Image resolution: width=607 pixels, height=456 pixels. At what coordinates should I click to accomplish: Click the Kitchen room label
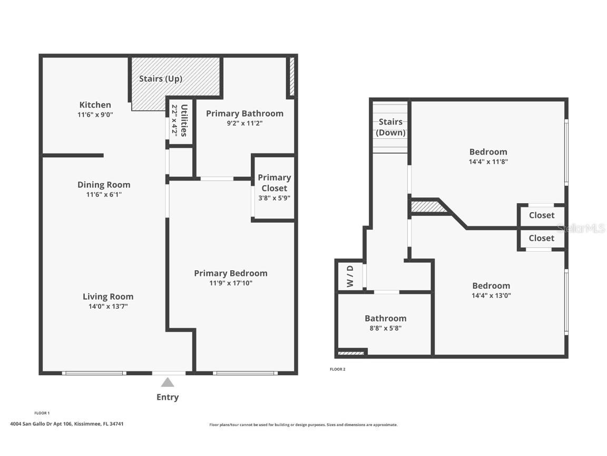coord(95,104)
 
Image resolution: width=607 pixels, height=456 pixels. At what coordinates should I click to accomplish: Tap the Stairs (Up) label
coord(161,79)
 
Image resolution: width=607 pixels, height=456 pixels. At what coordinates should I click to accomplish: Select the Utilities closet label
coord(184,120)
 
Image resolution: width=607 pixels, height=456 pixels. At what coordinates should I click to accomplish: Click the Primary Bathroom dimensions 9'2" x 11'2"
coord(244,123)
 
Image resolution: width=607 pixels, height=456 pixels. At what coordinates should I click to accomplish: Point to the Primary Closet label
coord(274,183)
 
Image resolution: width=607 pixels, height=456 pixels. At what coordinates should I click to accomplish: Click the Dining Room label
coord(104,185)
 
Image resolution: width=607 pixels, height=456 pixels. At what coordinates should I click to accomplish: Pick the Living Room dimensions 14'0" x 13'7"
coord(108,306)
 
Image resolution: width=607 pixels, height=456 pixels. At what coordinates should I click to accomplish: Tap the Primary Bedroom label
coord(231,273)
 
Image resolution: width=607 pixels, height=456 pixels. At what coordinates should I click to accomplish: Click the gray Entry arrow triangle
coord(168,383)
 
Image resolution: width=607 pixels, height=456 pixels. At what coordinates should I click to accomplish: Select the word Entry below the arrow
coord(168,397)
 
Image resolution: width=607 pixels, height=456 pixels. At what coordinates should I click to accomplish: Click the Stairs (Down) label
coord(390,127)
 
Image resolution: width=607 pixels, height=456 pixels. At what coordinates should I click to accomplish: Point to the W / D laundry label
coord(350,276)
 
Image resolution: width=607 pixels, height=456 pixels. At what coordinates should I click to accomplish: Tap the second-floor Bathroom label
coord(386,318)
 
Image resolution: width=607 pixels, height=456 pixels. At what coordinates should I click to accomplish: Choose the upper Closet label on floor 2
coord(542,215)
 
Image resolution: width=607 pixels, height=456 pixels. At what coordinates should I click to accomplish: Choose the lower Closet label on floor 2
coord(542,238)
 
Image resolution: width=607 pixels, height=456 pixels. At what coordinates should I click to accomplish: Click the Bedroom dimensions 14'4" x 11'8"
coord(488,162)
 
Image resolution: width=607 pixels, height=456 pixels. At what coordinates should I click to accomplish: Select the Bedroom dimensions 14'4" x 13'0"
coord(491,296)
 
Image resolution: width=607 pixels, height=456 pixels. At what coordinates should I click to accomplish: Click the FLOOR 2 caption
coord(338,369)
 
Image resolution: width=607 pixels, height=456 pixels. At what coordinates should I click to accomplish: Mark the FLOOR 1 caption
coord(42,413)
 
